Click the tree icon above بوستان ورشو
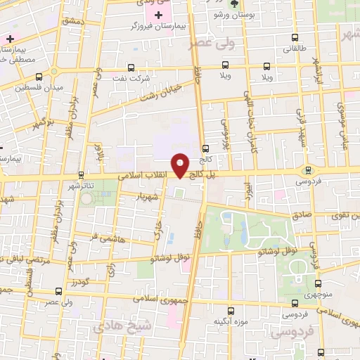tap(233, 4)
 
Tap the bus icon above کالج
tap(205, 148)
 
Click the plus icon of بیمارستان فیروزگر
tap(158, 15)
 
